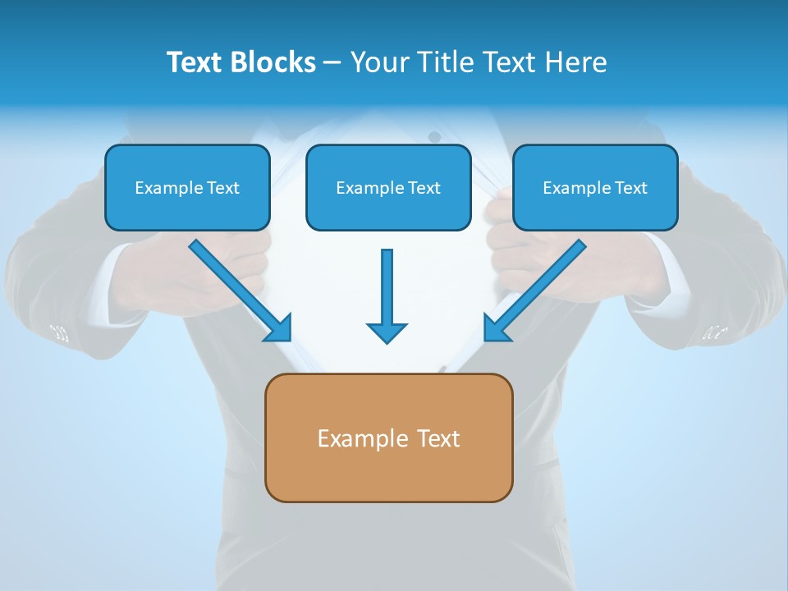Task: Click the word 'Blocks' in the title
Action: tap(273, 62)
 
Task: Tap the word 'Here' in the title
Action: tap(577, 62)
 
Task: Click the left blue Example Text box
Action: tap(187, 187)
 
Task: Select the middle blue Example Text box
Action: tap(388, 187)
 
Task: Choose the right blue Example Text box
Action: tap(595, 187)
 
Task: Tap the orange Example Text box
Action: tap(388, 438)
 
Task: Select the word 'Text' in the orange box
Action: tap(438, 438)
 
